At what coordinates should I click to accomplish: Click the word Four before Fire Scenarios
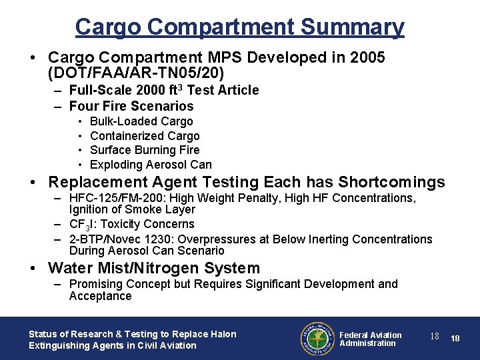[x=84, y=106]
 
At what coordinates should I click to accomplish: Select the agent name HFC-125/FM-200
[x=111, y=198]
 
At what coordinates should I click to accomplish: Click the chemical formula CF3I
[x=83, y=225]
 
